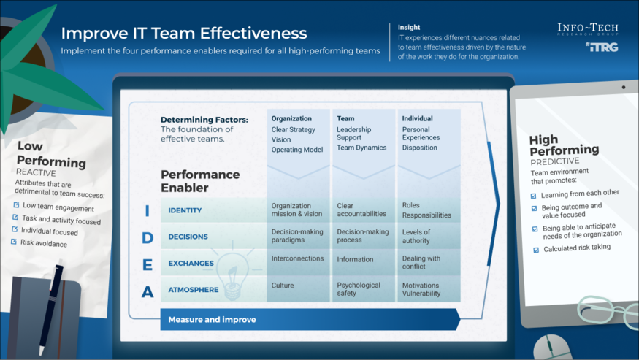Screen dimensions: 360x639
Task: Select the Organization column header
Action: [291, 118]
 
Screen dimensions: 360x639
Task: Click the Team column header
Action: [345, 118]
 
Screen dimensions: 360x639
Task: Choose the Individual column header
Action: [417, 118]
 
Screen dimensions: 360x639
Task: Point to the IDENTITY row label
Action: [185, 211]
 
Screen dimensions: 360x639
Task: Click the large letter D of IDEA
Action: [148, 238]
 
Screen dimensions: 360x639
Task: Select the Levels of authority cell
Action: [416, 237]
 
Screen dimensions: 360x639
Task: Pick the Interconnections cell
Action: [298, 258]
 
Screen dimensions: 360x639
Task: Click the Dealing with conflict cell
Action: [421, 263]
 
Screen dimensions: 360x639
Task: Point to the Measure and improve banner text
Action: [212, 320]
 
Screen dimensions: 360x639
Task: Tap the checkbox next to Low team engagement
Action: [16, 205]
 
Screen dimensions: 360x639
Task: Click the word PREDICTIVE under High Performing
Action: [554, 161]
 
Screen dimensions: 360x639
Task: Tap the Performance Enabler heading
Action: [200, 181]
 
